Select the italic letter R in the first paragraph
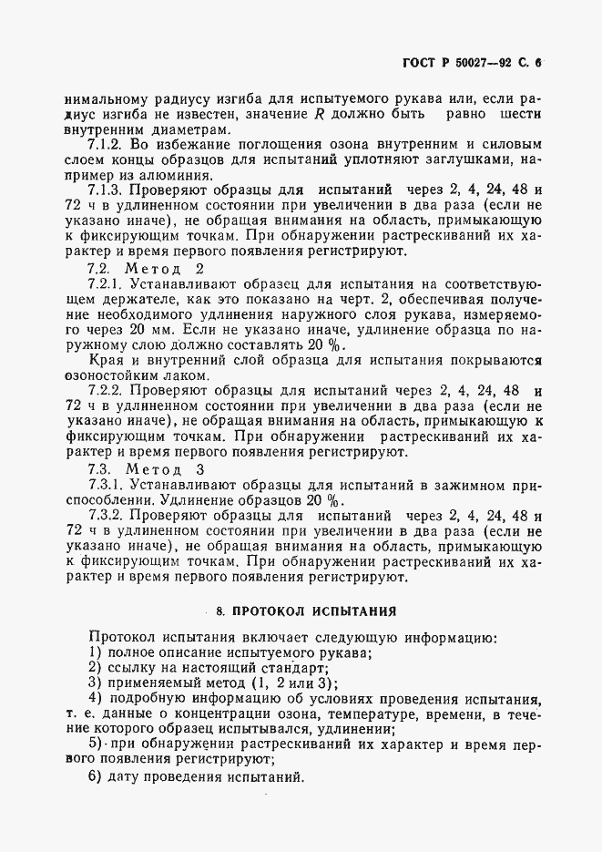click(319, 113)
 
